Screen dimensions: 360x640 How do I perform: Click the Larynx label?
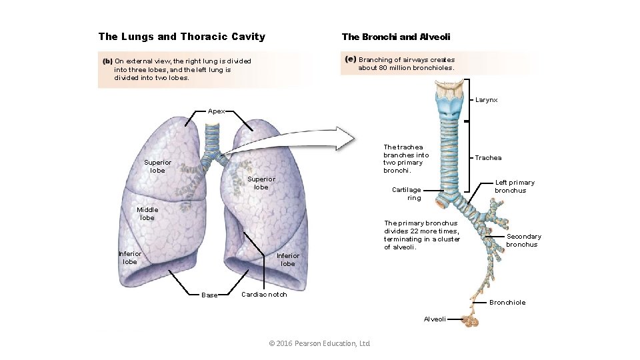click(486, 100)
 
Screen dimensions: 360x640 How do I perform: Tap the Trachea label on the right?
click(488, 158)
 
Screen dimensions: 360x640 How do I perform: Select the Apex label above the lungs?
click(216, 111)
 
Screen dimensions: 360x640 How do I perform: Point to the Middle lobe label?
click(147, 214)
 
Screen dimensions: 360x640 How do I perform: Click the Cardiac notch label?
click(264, 295)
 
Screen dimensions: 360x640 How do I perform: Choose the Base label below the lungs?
click(209, 295)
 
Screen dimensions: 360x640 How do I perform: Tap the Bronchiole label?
click(507, 303)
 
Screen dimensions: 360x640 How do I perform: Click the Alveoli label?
click(435, 319)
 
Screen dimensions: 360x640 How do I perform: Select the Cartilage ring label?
click(406, 193)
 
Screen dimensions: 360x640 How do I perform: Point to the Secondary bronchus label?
click(523, 240)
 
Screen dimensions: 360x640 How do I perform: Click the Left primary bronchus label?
click(514, 187)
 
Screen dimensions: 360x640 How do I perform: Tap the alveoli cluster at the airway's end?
click(471, 321)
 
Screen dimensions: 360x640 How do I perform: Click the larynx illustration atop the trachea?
click(451, 98)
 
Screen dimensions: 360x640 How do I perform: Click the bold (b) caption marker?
click(107, 61)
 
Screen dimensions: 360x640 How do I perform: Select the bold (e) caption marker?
click(351, 59)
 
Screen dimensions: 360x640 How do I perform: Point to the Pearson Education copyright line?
click(319, 343)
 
